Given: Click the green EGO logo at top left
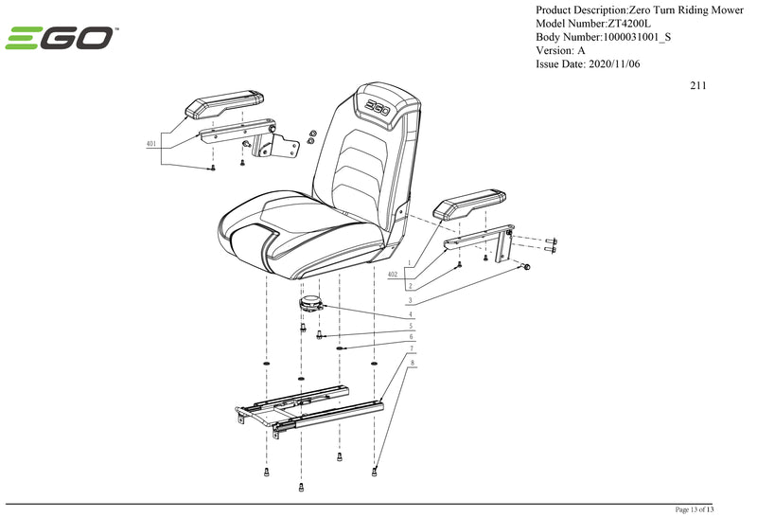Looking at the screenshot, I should (x=62, y=39).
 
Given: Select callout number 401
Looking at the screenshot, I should (x=151, y=145).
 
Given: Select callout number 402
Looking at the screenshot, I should (x=393, y=273).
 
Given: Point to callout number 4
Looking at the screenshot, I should (x=410, y=313).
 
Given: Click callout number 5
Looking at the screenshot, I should (x=410, y=326).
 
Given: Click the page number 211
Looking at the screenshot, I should (x=698, y=85).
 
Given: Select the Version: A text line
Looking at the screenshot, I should (x=560, y=50).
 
